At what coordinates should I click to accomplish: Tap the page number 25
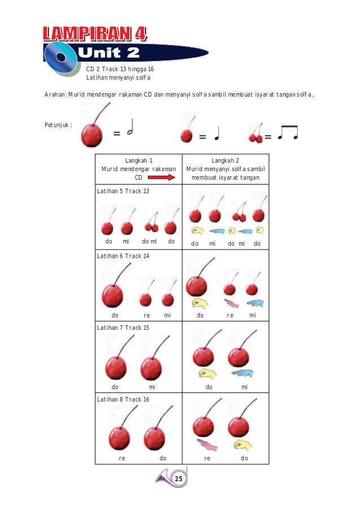(178, 479)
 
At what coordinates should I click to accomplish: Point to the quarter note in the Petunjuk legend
(217, 133)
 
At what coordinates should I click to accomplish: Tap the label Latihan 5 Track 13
(124, 191)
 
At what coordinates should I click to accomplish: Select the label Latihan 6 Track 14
(124, 256)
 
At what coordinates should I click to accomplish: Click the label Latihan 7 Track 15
(124, 328)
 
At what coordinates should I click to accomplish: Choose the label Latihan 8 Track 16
(124, 399)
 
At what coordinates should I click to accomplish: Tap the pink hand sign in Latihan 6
(231, 303)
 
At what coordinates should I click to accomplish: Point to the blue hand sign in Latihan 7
(243, 373)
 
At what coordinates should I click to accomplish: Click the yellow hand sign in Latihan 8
(243, 444)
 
